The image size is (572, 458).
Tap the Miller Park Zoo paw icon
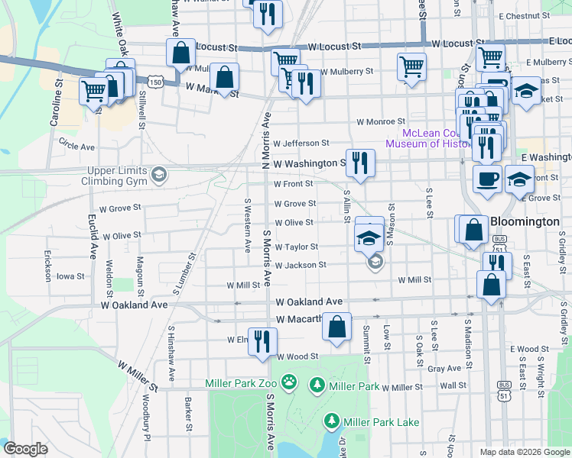coord(289,381)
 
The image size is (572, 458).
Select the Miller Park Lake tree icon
coord(332,421)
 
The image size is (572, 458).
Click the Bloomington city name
coord(525,221)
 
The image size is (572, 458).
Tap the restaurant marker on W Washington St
coord(359,162)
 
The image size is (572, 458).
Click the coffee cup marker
coord(487,179)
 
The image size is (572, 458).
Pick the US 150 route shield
coord(156,81)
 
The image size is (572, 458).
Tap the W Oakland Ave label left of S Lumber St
coord(134,305)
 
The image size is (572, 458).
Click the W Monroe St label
coord(380,121)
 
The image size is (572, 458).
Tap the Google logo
coord(26,449)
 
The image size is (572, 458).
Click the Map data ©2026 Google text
coord(524,452)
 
